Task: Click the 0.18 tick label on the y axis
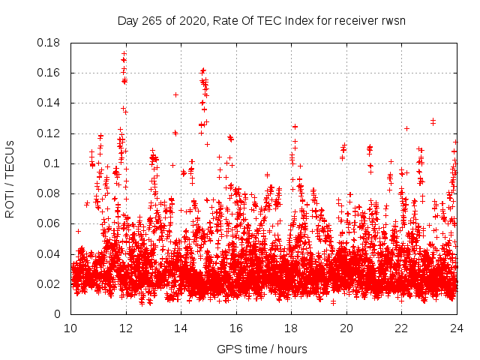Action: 52,43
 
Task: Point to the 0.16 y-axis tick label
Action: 52,73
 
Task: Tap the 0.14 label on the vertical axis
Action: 52,103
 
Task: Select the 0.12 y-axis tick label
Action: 52,133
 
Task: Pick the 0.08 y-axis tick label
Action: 52,193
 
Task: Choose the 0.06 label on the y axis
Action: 52,223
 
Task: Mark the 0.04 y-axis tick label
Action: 52,253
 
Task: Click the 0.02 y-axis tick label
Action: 52,283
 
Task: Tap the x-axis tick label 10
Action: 70,328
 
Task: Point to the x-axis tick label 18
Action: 291,328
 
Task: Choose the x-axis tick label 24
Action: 457,328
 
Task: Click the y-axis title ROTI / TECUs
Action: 10,178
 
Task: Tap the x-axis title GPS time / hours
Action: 262,349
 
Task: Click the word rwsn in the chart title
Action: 393,20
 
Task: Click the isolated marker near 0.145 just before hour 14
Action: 175,94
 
